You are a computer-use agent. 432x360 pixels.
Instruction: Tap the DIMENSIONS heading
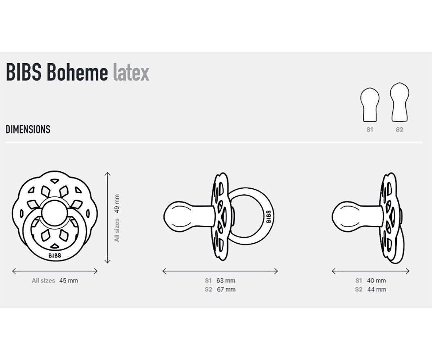click(x=28, y=130)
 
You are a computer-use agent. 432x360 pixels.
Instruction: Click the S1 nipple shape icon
click(x=370, y=104)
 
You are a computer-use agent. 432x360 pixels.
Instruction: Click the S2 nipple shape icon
click(x=400, y=103)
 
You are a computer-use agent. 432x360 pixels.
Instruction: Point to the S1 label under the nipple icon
click(x=370, y=130)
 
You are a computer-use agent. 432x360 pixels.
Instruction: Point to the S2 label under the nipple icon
click(x=400, y=130)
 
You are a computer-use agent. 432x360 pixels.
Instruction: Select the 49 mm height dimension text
click(x=116, y=204)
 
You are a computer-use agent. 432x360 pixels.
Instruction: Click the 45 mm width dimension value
click(x=68, y=280)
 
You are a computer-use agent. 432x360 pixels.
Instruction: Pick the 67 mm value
click(x=226, y=289)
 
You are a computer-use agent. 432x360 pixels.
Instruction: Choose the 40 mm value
click(x=377, y=280)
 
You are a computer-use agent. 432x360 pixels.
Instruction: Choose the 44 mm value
click(x=377, y=289)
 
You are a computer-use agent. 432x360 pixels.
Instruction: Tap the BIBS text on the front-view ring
click(x=55, y=256)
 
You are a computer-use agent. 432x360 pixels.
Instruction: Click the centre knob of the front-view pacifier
click(x=55, y=212)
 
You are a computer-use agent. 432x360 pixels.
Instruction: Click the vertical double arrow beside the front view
click(x=107, y=218)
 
